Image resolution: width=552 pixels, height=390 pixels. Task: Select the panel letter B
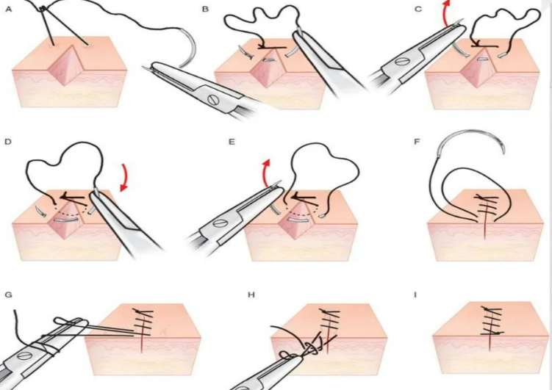[x=205, y=9]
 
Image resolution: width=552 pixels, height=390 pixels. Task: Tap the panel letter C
[x=417, y=9]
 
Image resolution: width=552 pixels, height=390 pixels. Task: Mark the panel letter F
[x=417, y=140]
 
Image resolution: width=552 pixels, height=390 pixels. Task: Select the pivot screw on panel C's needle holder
[x=400, y=61]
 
